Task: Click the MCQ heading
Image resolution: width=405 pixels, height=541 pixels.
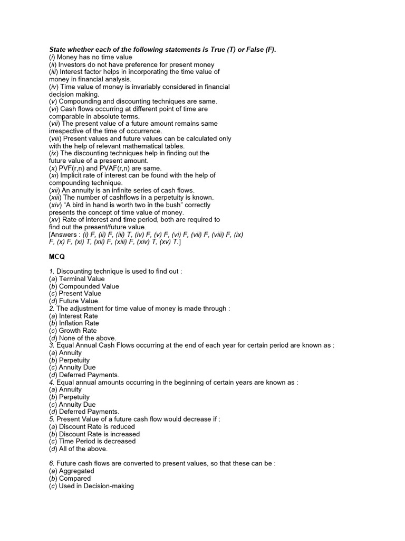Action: click(56, 256)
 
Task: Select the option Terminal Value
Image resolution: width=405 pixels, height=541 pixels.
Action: click(82, 278)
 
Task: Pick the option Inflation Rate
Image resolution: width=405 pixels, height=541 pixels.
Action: click(79, 323)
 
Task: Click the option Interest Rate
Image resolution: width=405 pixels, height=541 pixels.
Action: click(79, 315)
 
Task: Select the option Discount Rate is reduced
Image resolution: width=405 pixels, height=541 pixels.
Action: click(97, 426)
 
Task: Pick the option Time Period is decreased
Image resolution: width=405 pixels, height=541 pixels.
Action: click(97, 441)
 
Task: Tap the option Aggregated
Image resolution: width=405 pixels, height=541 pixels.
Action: click(77, 471)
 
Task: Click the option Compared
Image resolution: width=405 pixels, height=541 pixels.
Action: click(75, 478)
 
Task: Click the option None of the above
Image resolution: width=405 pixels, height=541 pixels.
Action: click(88, 338)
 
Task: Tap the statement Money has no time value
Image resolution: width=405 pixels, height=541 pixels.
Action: click(94, 57)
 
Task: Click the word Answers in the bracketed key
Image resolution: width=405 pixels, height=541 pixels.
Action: click(66, 234)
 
